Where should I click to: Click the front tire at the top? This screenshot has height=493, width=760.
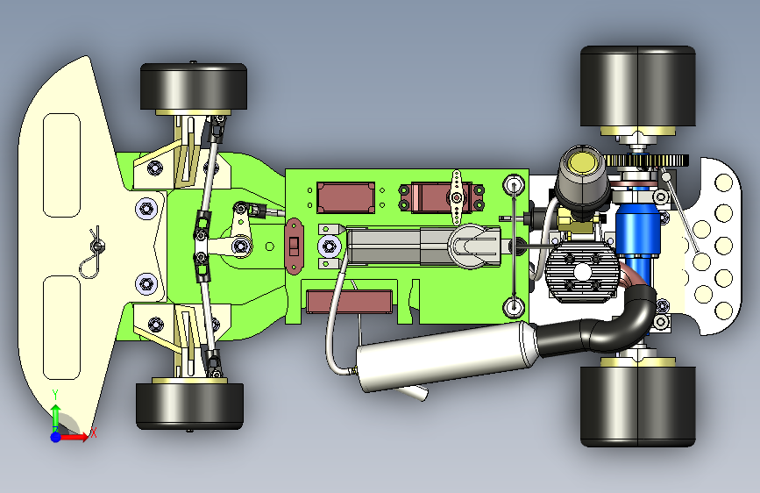(x=194, y=87)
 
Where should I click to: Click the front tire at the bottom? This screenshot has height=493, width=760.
(x=189, y=406)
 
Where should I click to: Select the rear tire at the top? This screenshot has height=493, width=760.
(x=638, y=86)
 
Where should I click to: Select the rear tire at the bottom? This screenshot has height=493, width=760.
(x=638, y=406)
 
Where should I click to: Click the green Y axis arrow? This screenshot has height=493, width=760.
(x=56, y=414)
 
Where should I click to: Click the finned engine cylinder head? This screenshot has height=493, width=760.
(x=582, y=272)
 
